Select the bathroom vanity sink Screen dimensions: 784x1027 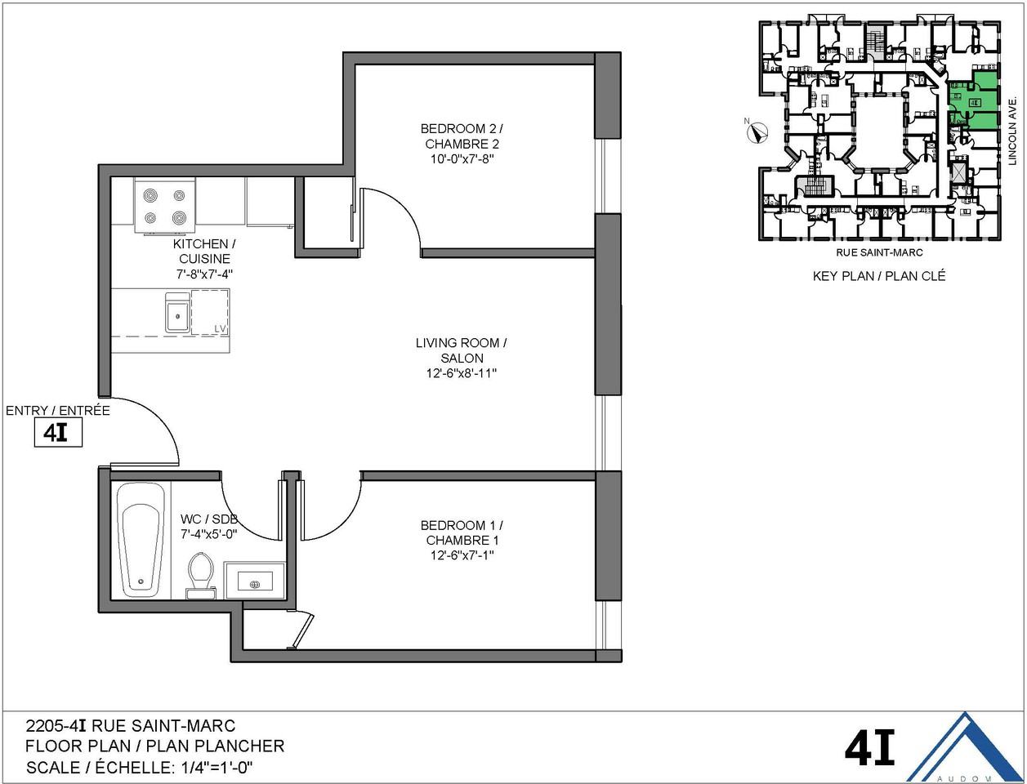pyautogui.click(x=254, y=582)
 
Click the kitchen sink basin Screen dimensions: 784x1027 pyautogui.click(x=176, y=314)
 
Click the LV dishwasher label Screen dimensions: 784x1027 pyautogui.click(x=220, y=328)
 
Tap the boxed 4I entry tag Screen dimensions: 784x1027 pyautogui.click(x=57, y=433)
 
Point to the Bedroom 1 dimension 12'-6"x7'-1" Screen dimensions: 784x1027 pyautogui.click(x=462, y=555)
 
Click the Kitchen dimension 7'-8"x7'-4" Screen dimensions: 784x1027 pyautogui.click(x=200, y=274)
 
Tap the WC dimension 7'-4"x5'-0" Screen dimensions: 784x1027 pyautogui.click(x=208, y=534)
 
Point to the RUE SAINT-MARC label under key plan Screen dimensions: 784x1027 pyautogui.click(x=879, y=253)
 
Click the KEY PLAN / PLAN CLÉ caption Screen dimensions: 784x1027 pyautogui.click(x=879, y=276)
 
